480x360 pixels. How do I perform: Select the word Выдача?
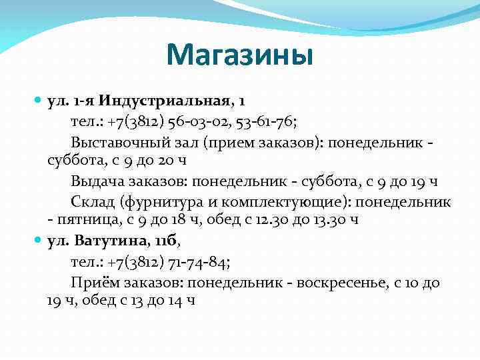click(x=95, y=181)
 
